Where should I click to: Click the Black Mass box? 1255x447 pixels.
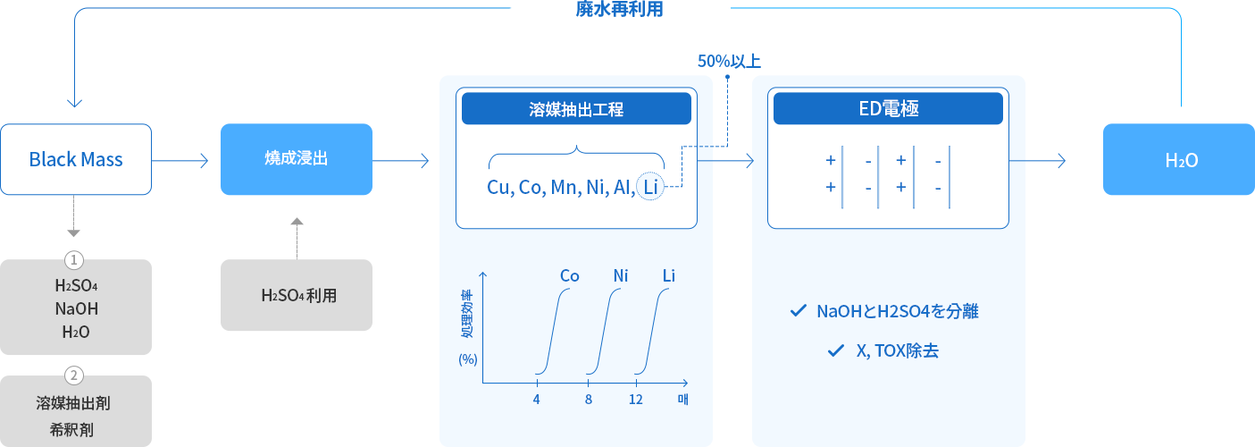click(x=76, y=159)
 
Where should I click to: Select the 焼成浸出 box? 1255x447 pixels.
click(x=297, y=159)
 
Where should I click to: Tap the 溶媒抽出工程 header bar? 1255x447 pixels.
click(x=576, y=109)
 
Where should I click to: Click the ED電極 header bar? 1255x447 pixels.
click(x=888, y=109)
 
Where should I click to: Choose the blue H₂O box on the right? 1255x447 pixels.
click(x=1179, y=159)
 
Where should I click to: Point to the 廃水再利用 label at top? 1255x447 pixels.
click(x=619, y=9)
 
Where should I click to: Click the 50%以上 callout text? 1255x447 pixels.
click(x=729, y=61)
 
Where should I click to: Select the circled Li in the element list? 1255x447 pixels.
click(x=650, y=186)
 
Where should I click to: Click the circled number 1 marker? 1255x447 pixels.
click(x=74, y=260)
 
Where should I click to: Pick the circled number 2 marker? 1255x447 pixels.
click(x=74, y=375)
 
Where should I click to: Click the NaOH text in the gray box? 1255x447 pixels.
click(x=77, y=309)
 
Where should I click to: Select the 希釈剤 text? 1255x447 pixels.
click(x=71, y=430)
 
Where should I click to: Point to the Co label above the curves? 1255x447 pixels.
click(x=569, y=276)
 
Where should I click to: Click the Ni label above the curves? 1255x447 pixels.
click(x=621, y=276)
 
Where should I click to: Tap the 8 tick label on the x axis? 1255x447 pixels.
click(x=589, y=400)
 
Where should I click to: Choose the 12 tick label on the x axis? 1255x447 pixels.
click(x=636, y=400)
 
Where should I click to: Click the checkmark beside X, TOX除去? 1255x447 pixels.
click(x=836, y=350)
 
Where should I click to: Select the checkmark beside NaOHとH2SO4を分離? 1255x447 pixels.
click(x=799, y=311)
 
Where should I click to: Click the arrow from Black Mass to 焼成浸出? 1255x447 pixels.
click(x=180, y=161)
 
